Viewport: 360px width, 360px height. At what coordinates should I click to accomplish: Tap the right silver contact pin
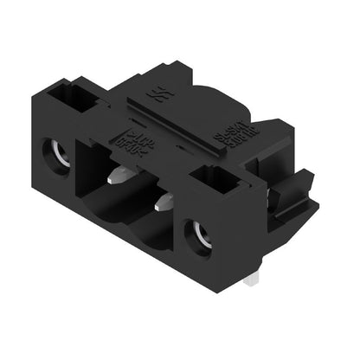point(164,204)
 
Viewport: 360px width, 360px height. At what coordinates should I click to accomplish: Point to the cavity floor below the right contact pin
point(156,234)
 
